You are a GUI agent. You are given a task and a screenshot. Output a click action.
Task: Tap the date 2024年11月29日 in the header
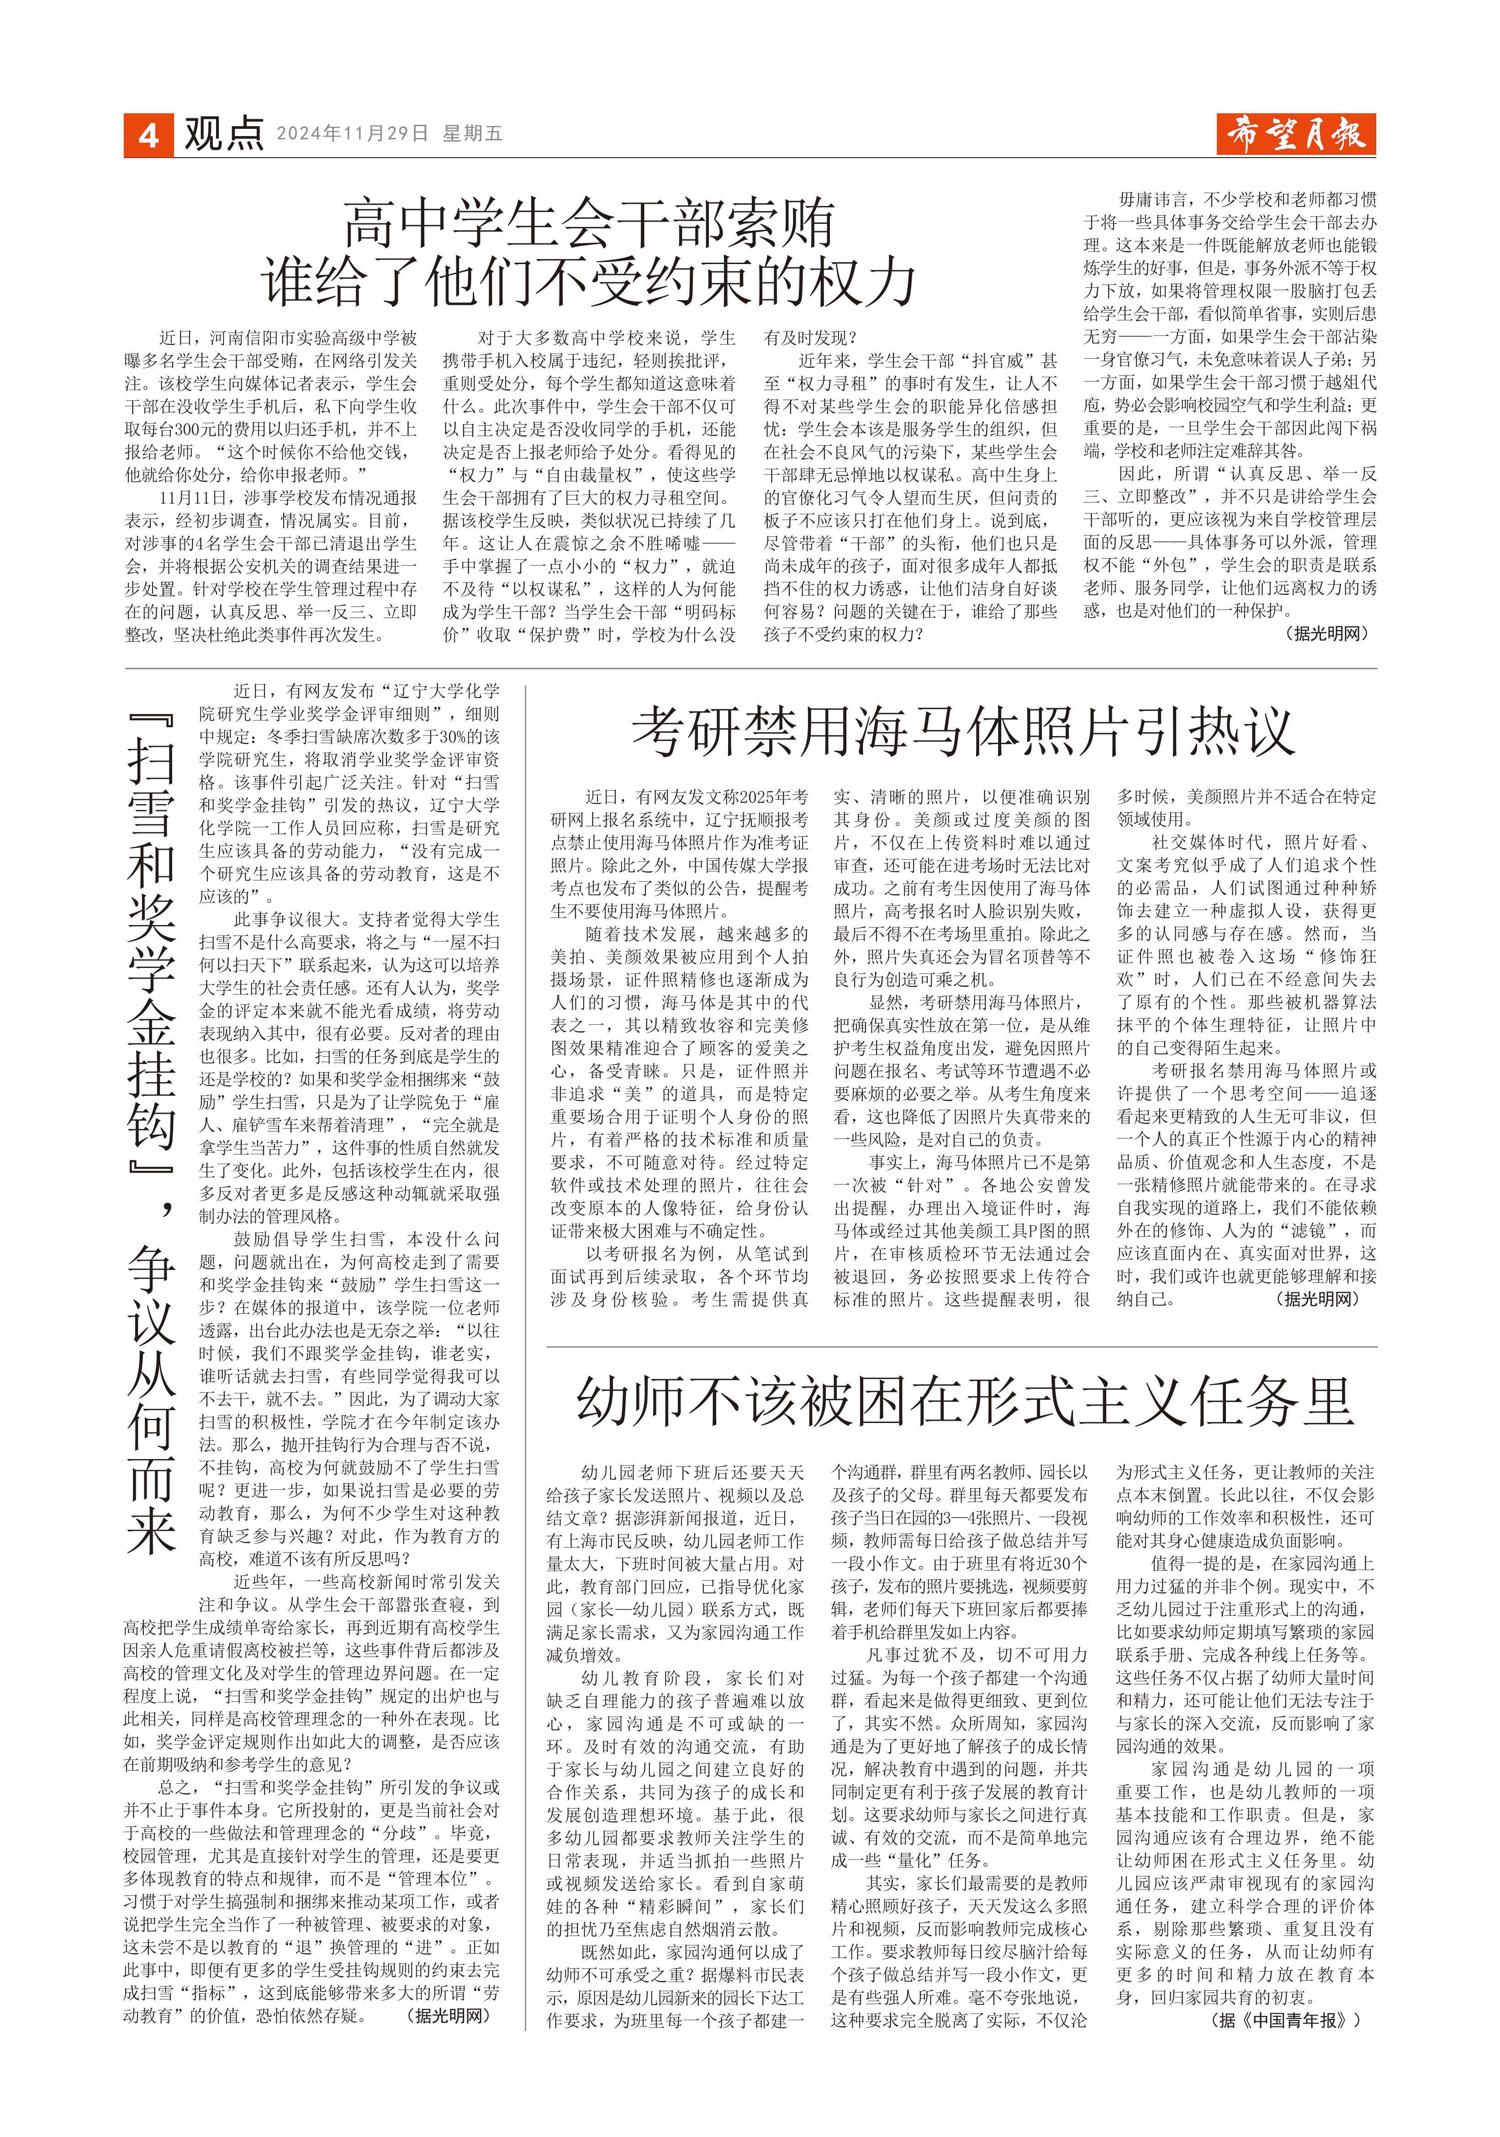tap(352, 134)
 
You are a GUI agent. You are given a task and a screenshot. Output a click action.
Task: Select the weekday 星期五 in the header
tap(473, 134)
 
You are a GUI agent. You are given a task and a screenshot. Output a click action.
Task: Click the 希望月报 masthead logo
tap(1295, 135)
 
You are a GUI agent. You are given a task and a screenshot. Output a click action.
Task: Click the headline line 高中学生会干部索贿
tap(588, 223)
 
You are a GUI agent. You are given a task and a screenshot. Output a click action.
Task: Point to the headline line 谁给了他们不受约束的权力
tap(588, 281)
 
